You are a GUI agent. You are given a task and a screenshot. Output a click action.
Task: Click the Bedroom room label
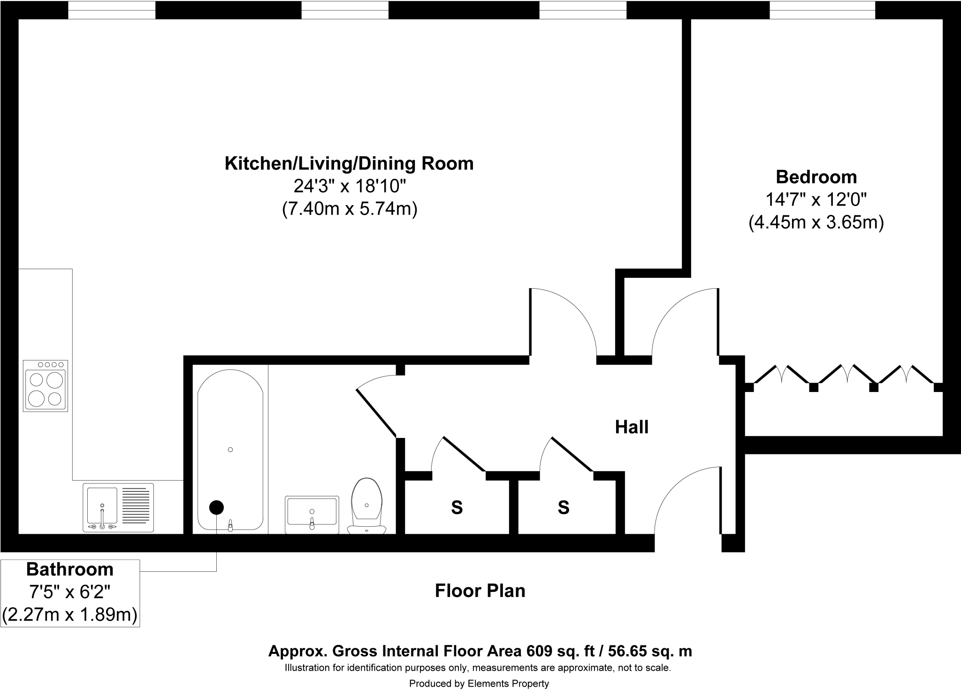pyautogui.click(x=816, y=177)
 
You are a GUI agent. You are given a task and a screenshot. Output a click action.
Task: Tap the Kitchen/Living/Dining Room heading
pyautogui.click(x=349, y=163)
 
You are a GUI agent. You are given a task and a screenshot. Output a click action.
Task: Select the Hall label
pyautogui.click(x=632, y=427)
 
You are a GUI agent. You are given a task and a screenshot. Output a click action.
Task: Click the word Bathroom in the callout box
pyautogui.click(x=70, y=569)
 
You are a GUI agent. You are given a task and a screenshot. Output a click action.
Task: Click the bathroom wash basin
pyautogui.click(x=312, y=514)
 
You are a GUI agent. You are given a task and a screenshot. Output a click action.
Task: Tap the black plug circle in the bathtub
pyautogui.click(x=216, y=507)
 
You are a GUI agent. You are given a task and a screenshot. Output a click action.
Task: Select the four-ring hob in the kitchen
pyautogui.click(x=46, y=385)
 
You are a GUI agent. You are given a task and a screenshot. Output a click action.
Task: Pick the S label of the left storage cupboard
pyautogui.click(x=457, y=507)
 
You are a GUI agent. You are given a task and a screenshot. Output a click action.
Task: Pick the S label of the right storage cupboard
pyautogui.click(x=564, y=507)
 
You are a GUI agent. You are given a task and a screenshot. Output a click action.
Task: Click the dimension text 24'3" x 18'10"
pyautogui.click(x=349, y=186)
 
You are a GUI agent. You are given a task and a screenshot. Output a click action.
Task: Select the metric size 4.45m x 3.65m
pyautogui.click(x=816, y=222)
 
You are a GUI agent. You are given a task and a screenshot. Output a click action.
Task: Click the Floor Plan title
pyautogui.click(x=480, y=590)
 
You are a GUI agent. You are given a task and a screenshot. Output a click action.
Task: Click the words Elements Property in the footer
pyautogui.click(x=508, y=683)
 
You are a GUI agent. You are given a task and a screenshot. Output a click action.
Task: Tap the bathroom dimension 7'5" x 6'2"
pyautogui.click(x=70, y=592)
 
